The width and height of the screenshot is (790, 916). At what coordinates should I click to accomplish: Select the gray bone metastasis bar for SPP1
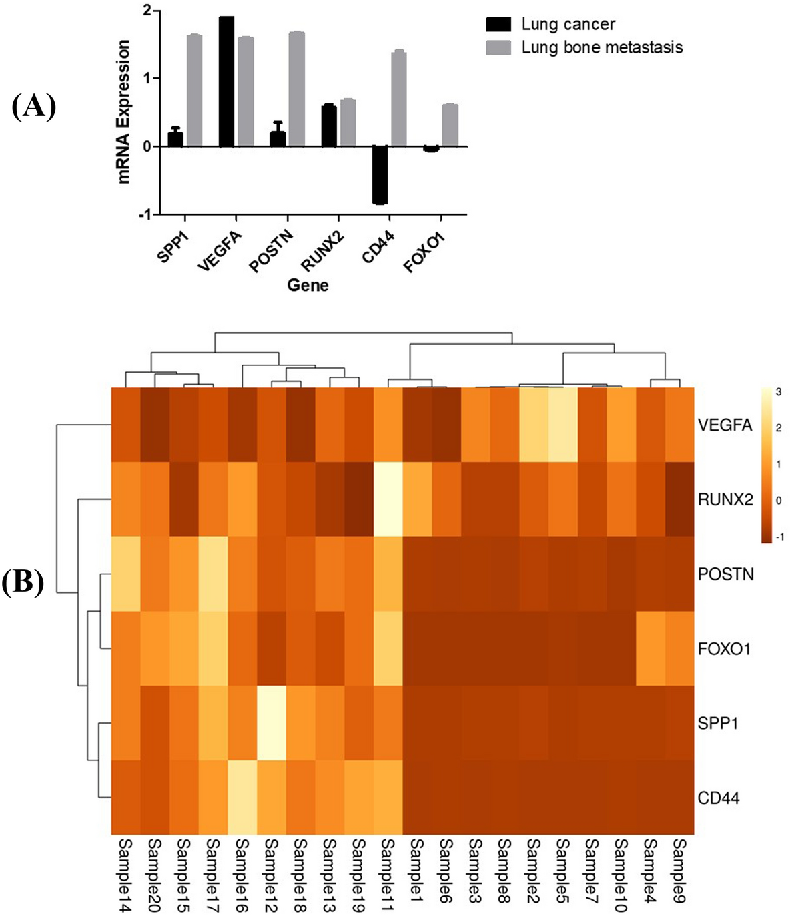pos(194,90)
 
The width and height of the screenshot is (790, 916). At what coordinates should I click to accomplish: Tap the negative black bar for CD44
pos(380,175)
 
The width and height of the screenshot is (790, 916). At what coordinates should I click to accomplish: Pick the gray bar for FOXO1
pos(450,125)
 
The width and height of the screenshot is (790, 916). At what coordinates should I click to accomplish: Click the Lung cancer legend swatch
pos(498,25)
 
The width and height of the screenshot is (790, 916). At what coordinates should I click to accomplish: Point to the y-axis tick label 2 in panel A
pos(147,11)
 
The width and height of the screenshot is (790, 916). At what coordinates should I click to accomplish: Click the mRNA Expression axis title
pos(124,111)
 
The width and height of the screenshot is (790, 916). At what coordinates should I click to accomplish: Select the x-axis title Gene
pos(308,286)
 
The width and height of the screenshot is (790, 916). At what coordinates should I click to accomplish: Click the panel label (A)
pos(33,107)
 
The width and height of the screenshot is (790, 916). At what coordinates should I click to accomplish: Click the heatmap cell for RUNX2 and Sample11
pos(388,499)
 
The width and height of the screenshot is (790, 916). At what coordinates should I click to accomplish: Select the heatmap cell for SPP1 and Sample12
pos(271,723)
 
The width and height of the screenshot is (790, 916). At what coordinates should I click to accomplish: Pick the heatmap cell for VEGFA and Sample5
pos(562,424)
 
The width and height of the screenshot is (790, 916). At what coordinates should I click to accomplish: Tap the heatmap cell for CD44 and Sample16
pos(242,797)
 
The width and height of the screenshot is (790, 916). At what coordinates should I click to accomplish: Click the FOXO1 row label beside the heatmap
pos(724,648)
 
